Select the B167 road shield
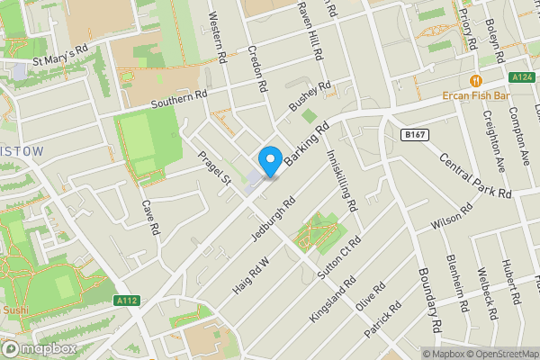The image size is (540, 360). point(413,134)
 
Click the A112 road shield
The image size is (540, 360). point(127,301)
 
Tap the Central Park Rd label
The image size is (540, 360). point(475,175)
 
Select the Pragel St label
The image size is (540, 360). point(215,168)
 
